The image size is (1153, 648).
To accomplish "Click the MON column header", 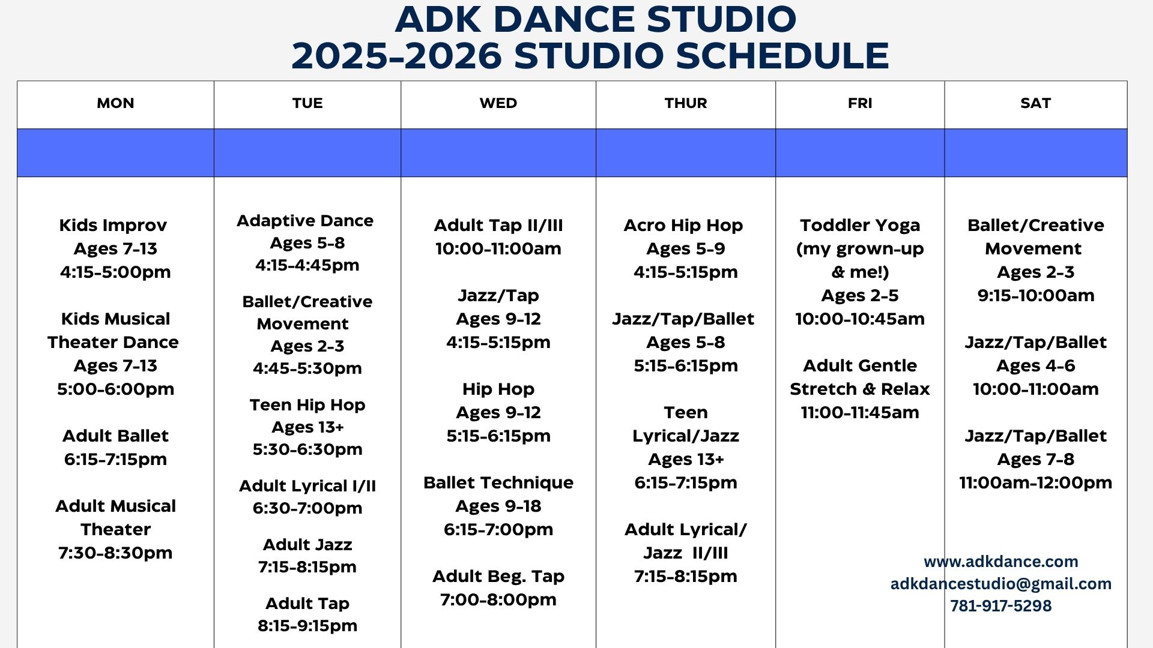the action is pos(115,103).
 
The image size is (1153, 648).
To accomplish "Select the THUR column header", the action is pos(686,103).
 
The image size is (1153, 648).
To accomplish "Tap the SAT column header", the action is pos(1035,103).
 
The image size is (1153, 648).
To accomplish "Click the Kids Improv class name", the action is pos(113,226).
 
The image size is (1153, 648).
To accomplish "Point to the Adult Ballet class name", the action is pos(115,436).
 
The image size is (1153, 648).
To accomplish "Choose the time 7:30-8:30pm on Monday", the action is pos(115,553).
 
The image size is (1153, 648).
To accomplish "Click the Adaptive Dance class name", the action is pos(305,221).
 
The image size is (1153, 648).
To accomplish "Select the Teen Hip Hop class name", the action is pos(307,405).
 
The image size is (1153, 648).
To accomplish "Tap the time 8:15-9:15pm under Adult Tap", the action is pos(307,626).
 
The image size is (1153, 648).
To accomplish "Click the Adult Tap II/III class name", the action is pos(498,226).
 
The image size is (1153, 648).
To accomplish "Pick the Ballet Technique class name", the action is pos(498,483).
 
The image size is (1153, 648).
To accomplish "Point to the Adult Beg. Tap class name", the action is pos(498,577).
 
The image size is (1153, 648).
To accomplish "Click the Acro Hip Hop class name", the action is pos(683,226).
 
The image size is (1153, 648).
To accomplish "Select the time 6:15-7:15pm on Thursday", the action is pos(686,482).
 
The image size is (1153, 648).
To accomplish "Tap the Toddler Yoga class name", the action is pos(860,226).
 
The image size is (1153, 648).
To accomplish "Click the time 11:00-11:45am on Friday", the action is pos(860,412).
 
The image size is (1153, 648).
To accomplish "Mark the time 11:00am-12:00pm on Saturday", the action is pos(1036,482).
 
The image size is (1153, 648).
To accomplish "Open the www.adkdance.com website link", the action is pos(1001,562).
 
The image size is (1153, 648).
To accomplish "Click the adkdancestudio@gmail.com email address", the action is pos(1001,584).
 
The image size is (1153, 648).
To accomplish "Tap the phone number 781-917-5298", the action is pos(1001,606).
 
